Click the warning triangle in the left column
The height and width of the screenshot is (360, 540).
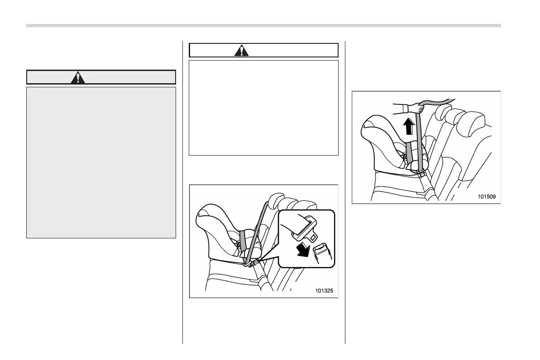[79, 78]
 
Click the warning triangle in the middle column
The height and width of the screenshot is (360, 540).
[241, 50]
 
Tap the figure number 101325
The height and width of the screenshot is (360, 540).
[324, 291]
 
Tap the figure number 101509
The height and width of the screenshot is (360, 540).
[487, 197]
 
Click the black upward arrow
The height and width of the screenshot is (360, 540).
[409, 126]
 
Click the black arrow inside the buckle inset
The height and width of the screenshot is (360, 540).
[301, 248]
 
